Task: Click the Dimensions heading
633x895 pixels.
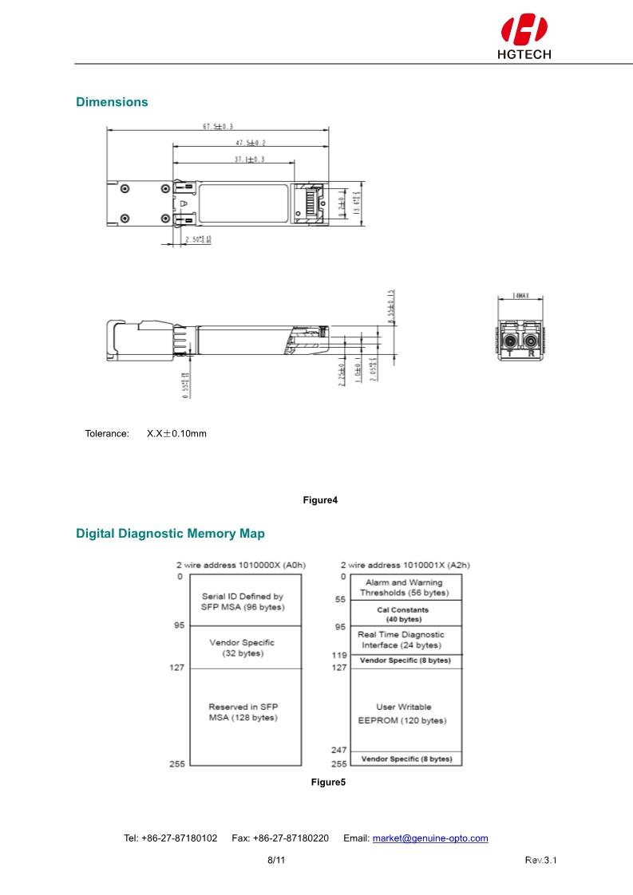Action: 112,102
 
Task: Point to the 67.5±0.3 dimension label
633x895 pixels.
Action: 218,126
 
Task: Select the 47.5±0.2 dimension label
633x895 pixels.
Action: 251,143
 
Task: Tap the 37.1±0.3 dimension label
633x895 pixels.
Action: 249,160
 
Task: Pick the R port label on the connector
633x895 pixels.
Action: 531,353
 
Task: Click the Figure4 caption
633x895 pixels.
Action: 320,500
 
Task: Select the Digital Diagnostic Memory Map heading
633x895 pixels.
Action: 170,533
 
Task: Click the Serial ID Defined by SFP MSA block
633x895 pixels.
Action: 242,601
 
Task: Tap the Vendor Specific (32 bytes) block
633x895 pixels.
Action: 242,648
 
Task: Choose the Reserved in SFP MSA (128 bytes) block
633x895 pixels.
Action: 243,712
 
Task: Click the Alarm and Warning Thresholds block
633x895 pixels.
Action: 403,588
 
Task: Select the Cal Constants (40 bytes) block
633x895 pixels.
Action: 403,614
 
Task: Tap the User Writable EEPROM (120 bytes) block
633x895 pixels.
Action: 402,713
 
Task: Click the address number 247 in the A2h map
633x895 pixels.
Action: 338,750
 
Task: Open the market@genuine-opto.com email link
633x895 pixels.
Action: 430,838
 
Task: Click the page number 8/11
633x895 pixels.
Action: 275,861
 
